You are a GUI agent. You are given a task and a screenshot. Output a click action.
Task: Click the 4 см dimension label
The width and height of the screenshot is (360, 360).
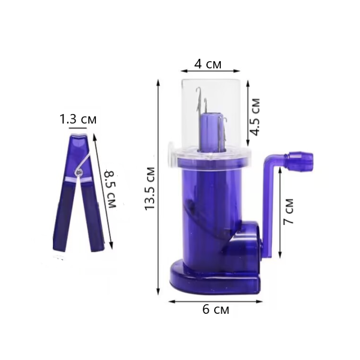coord(208,64)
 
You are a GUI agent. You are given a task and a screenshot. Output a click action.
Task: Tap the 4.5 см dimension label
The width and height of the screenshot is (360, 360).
coord(255,117)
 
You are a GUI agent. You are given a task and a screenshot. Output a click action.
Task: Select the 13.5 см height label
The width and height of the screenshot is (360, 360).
coord(149,189)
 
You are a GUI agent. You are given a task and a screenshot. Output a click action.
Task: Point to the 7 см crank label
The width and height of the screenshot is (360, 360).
coord(289,211)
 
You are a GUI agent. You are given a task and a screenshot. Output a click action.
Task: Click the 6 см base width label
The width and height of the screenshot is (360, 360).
coord(215,310)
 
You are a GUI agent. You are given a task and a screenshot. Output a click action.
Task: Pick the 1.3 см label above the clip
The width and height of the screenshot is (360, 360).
coord(78,119)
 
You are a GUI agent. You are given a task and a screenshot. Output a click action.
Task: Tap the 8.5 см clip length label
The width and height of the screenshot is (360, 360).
coord(110,189)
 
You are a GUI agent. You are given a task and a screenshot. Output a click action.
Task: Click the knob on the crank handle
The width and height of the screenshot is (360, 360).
coord(301,161)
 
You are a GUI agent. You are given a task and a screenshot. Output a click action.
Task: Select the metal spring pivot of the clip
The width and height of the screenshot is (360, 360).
coord(79,172)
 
